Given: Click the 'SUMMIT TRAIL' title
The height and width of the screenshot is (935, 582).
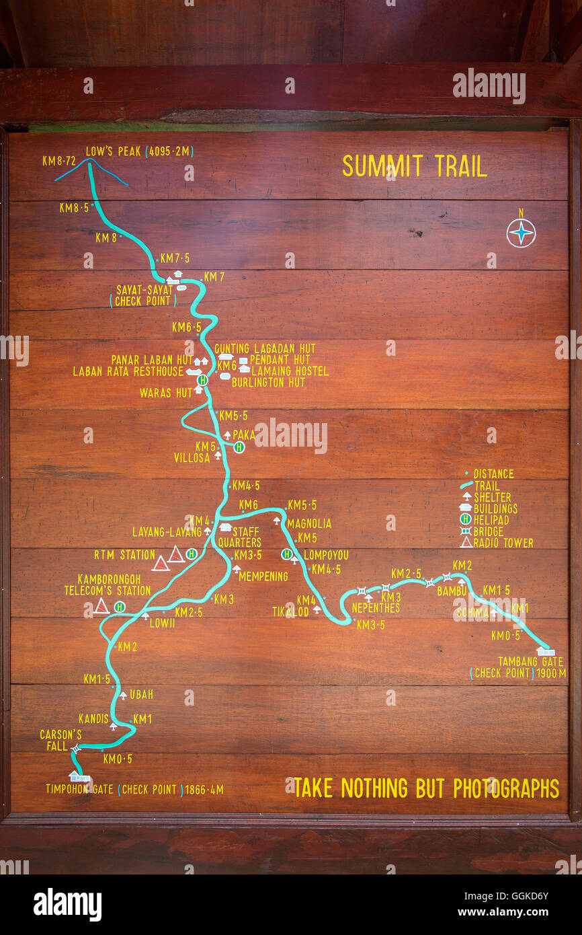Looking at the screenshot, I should tap(414, 166).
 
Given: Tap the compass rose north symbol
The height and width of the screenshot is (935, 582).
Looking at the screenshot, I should tap(521, 233).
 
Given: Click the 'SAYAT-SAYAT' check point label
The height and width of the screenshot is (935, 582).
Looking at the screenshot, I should tap(144, 290).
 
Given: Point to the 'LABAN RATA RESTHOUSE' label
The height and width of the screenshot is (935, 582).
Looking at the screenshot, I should tap(128, 371).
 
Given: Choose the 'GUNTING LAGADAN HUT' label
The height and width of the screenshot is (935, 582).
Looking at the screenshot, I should tap(265, 348).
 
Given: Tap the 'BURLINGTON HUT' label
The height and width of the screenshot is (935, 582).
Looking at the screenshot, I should tap(268, 382).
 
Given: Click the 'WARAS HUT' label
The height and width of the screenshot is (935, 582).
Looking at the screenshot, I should tap(165, 393).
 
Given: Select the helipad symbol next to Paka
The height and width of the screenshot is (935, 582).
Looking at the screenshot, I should tap(239, 447).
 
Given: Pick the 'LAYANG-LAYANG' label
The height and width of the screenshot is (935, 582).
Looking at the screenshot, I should tap(167, 532).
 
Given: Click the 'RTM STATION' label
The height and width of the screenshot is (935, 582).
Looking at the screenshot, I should tap(124, 555).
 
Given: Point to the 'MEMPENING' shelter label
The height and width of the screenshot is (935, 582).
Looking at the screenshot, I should tap(263, 576).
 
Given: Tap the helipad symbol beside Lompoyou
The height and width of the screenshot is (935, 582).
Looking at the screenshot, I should tap(287, 554).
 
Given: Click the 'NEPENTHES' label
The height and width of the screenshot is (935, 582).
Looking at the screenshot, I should tap(376, 608).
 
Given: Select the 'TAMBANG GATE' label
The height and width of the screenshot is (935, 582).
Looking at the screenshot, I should tap(530, 661).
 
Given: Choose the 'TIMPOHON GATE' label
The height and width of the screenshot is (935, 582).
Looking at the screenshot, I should tap(79, 789).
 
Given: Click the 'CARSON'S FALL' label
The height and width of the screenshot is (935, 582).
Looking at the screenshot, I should tap(60, 740).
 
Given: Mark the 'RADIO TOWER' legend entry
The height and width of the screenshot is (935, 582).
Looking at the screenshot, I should tap(503, 543).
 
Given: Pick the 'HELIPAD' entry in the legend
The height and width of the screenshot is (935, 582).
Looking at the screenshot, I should tap(491, 520).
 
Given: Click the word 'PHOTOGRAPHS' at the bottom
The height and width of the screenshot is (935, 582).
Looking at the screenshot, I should tap(505, 788).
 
